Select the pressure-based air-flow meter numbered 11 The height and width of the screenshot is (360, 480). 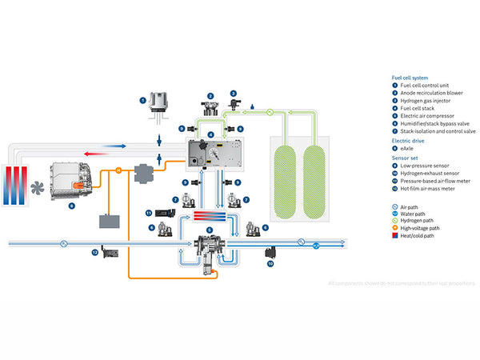click(x=165, y=213)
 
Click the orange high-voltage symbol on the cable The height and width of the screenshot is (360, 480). click(x=118, y=170)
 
